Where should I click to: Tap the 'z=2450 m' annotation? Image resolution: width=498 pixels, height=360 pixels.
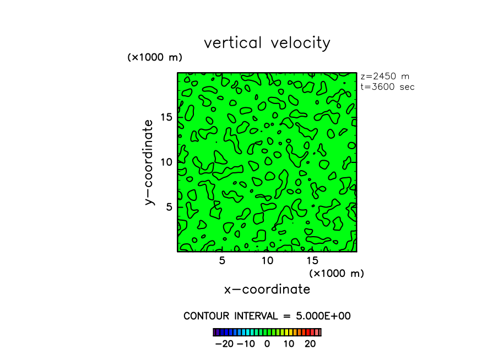pos(385,77)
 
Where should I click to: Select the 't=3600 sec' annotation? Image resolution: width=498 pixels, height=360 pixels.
pos(387,86)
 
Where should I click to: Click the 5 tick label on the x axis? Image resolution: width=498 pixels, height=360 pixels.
pos(222,260)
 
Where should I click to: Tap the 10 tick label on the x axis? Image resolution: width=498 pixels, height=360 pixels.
pos(267,260)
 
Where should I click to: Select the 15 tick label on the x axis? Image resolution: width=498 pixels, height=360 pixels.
pos(312,260)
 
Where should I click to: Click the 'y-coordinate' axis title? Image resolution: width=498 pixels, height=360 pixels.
pos(149,162)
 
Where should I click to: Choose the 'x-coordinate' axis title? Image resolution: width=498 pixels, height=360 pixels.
pos(267,289)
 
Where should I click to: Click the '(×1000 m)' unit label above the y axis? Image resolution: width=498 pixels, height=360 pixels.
pos(155,57)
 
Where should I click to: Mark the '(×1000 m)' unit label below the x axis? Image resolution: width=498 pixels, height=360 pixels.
pos(337,273)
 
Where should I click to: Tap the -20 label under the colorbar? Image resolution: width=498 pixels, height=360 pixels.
pos(224,344)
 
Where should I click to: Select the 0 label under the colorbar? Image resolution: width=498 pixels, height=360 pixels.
pos(267,344)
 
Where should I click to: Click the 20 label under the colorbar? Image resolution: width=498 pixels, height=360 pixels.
pos(310,344)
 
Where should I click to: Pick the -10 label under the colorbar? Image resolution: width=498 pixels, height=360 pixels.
pos(246,344)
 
